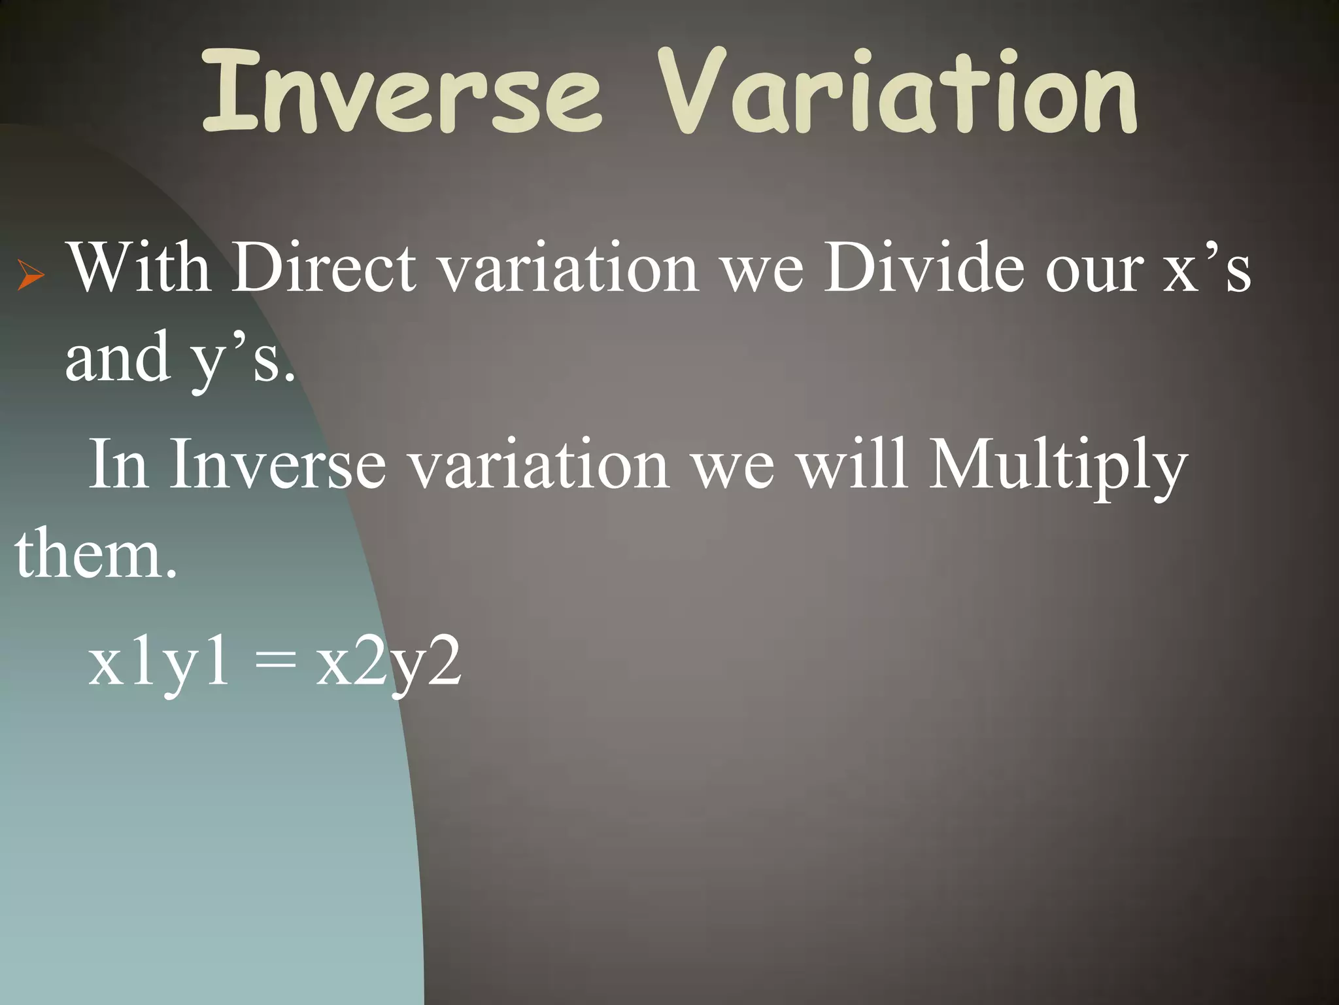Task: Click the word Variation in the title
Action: pos(897,92)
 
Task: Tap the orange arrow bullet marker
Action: pos(31,275)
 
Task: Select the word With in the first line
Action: pos(140,268)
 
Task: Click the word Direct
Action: pos(324,268)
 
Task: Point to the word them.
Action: pos(95,555)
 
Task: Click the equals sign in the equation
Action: pos(275,662)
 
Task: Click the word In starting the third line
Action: pos(118,465)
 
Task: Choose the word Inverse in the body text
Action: pos(277,465)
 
